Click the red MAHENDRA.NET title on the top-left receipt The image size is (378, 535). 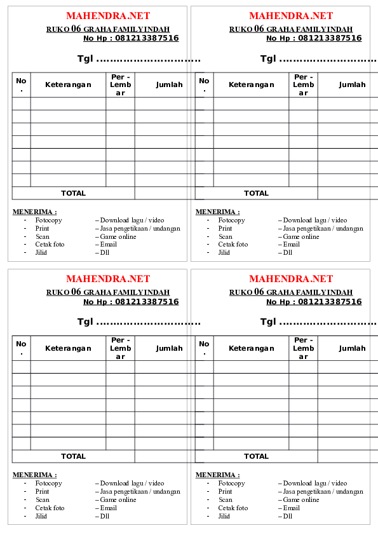(x=108, y=16)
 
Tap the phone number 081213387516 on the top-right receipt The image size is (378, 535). (x=330, y=38)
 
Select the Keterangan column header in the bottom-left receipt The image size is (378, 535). (x=68, y=348)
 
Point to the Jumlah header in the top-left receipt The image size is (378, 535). (x=169, y=85)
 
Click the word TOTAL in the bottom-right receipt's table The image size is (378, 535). (x=256, y=456)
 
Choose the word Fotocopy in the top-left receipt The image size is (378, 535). (x=48, y=220)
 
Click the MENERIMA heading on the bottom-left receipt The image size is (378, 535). (x=34, y=475)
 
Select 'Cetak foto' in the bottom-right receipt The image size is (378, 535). (x=233, y=508)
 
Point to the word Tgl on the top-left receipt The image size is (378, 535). (x=86, y=59)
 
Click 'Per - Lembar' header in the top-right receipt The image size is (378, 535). (x=303, y=85)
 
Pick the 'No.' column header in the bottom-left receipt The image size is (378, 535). (x=22, y=348)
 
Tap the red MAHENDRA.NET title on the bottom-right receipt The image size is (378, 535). (x=291, y=279)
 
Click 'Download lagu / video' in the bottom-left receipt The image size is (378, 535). (x=132, y=484)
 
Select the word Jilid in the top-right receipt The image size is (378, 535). (x=224, y=252)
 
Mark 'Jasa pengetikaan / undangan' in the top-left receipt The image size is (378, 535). (x=140, y=228)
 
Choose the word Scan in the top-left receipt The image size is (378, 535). (x=42, y=236)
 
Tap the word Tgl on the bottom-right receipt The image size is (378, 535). (x=269, y=322)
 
